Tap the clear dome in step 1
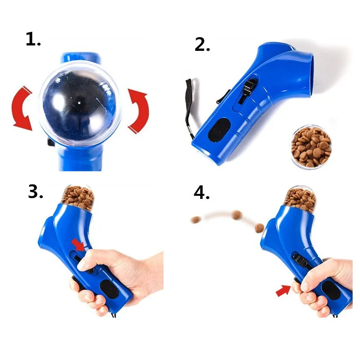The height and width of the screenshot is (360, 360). (x=79, y=103)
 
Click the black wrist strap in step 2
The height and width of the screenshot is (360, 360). (x=189, y=106)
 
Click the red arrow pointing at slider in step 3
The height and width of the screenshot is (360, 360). (x=77, y=244)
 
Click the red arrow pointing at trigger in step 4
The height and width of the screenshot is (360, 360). (x=283, y=292)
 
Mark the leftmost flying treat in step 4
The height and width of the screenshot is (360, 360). (x=196, y=220)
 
